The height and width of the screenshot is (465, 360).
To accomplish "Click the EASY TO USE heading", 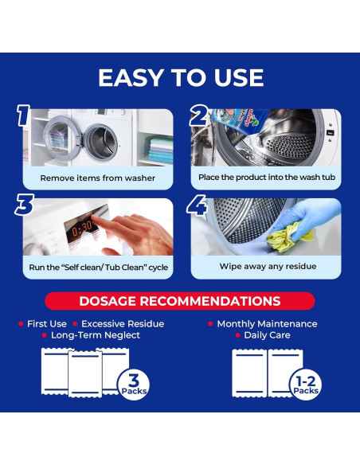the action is point(181,78).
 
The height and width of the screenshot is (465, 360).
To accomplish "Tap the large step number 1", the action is point(23,115).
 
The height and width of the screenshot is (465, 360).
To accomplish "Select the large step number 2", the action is point(198,115).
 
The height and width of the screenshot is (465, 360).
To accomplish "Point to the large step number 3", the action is point(25,205).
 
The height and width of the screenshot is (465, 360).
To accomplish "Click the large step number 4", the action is point(197,205).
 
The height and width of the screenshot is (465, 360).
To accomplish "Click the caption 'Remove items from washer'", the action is point(97,178).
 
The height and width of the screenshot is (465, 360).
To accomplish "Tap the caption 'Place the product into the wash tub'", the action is point(267,177).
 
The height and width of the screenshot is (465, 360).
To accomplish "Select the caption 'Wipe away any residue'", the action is point(268,266).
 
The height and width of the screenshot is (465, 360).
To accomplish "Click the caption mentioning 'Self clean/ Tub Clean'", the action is point(99,268).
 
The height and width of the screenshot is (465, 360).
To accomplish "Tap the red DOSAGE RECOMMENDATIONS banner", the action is point(180,301).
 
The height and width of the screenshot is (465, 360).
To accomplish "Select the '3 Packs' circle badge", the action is point(134,384).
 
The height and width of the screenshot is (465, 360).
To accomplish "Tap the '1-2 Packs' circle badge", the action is point(305,385).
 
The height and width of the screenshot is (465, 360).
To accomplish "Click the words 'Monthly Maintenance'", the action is point(267,324).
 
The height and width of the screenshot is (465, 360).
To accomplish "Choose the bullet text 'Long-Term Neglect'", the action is point(96,335).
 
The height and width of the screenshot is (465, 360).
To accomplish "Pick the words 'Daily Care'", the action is point(267,335).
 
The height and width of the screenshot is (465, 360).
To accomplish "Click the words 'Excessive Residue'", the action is point(123,324).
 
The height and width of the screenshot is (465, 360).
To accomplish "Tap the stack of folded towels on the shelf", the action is point(161,150).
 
